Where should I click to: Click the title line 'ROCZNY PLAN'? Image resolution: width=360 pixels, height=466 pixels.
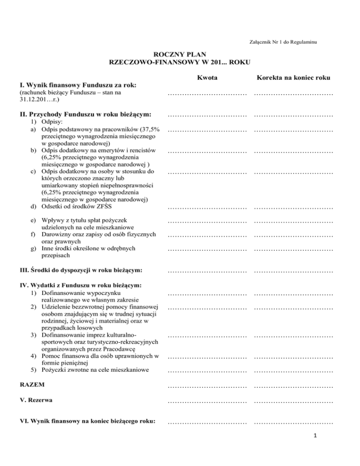[x=180, y=55]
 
